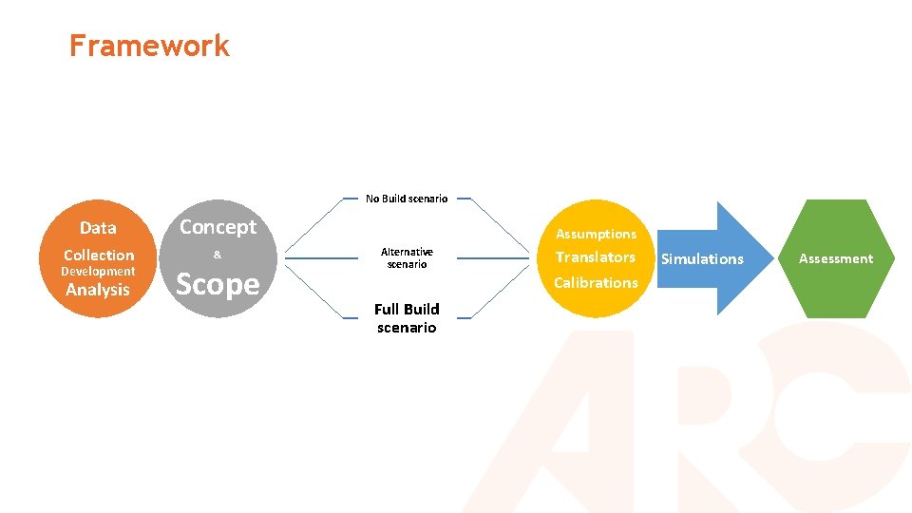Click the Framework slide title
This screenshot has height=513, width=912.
point(149,46)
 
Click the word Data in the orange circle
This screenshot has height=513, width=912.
point(98,228)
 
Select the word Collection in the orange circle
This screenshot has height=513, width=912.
point(99,256)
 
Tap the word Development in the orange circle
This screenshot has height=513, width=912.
point(98,272)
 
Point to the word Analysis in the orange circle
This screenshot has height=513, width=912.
point(97,291)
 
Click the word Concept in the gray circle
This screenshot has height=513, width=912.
point(218,227)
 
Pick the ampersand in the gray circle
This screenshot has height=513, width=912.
point(217,255)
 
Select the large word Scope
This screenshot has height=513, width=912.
point(218,284)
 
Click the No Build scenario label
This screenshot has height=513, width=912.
point(407,199)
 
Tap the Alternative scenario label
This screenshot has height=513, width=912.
point(407,257)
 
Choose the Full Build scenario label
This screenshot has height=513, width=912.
point(407,318)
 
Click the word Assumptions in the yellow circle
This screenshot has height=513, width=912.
point(596,234)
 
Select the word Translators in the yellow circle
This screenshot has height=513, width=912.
point(596,257)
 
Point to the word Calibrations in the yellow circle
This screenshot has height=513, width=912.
point(596,283)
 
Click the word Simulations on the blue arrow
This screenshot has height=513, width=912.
point(702,259)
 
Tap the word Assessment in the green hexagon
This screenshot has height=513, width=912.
point(835,258)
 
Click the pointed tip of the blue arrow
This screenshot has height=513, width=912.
point(772,258)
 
